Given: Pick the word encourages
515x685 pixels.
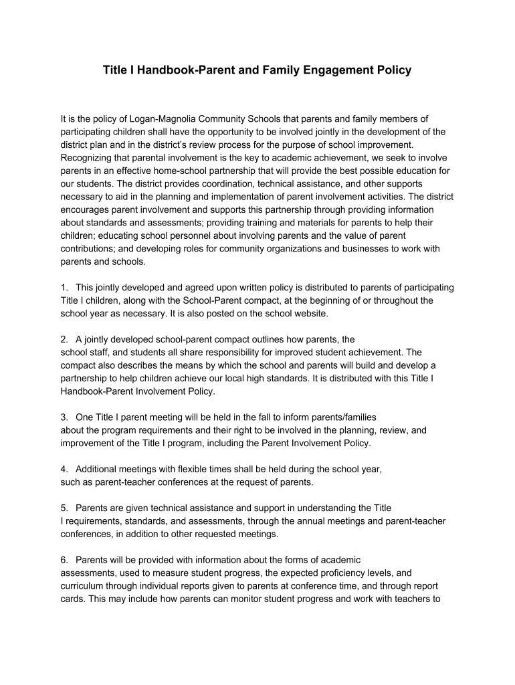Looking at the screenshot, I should [x=88, y=209].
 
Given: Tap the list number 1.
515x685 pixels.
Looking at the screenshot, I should [x=64, y=288].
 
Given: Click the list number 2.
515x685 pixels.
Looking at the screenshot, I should [x=64, y=339].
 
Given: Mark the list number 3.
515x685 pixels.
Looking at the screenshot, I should [x=64, y=417].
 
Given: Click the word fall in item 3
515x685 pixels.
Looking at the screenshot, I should [x=265, y=417].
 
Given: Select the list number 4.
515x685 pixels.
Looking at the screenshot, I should [x=64, y=469].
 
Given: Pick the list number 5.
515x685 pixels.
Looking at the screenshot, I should [x=64, y=508].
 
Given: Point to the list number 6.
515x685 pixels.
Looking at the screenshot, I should [x=64, y=560].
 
